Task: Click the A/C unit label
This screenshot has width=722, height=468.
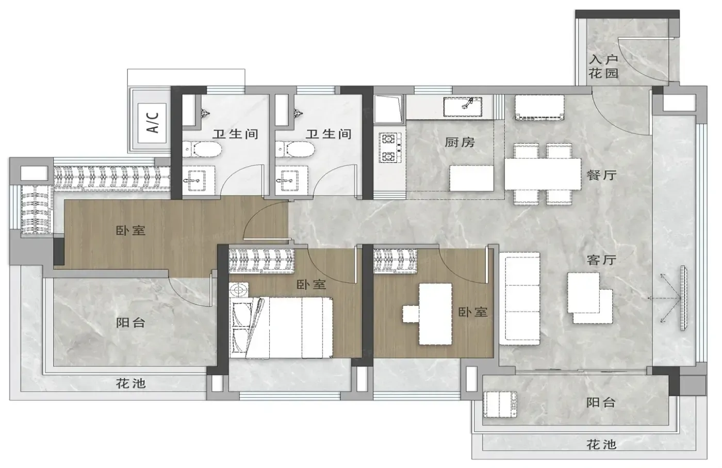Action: coord(153,123)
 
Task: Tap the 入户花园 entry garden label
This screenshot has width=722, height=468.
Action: coord(603,67)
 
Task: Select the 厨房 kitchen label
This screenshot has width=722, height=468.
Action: coord(460,142)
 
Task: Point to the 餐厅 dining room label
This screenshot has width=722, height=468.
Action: coord(602,175)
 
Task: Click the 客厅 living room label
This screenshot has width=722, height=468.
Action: coord(602,260)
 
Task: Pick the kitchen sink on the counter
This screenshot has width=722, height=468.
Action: coord(463,106)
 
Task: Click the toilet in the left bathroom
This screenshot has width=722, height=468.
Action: coord(202,149)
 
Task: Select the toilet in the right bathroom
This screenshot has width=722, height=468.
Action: coord(295,149)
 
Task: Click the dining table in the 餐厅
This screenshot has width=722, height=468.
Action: coord(543,174)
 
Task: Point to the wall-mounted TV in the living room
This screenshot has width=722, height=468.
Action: coord(683,298)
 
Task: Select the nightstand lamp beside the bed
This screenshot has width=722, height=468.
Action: coord(238,290)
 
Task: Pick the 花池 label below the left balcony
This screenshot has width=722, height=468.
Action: coord(131,383)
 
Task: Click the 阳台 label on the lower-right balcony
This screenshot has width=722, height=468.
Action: coord(601,402)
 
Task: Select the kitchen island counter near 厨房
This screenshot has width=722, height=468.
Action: coord(471,178)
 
